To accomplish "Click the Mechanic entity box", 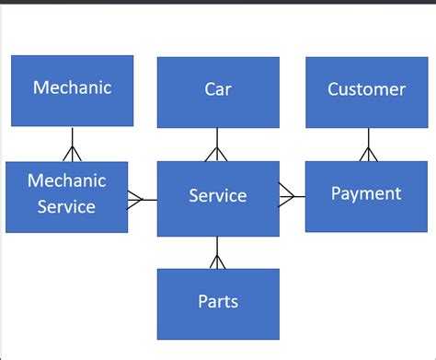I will coord(72,90).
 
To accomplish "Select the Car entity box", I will coord(218,92).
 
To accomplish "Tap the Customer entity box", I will coord(367,92).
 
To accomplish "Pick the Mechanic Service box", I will coord(66,197).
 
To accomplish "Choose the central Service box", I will coord(218,199).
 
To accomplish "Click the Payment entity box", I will coord(366,196).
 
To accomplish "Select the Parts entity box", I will coord(218,304).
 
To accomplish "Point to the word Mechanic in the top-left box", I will coord(72,87).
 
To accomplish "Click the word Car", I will coord(218,89).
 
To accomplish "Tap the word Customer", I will coord(367,89).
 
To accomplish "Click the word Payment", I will coord(366,193).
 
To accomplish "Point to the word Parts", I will coord(218,301).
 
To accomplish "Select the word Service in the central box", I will coord(218,195).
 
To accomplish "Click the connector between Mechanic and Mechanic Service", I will coord(72,145).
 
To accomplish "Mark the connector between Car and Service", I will coord(217,145).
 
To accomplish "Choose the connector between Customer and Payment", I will coord(368,145).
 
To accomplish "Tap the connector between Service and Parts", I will coord(217,253).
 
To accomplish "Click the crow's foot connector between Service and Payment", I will coord(292,195).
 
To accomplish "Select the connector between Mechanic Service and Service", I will coord(143,199).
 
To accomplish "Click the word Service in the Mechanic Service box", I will coord(66,207).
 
